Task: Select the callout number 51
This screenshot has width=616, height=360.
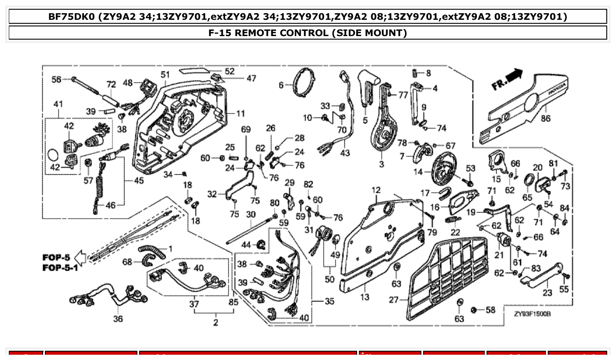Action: (x=165, y=74)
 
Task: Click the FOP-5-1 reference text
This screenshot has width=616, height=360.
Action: (x=60, y=268)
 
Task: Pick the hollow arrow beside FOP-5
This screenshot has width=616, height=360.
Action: (x=80, y=257)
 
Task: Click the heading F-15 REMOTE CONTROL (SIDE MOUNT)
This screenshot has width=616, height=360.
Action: (x=307, y=33)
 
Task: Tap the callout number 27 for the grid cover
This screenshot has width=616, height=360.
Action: (x=394, y=300)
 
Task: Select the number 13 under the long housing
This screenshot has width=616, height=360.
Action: (x=365, y=297)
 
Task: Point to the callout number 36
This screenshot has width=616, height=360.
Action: (x=118, y=319)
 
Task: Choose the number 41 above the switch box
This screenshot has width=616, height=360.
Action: (x=58, y=104)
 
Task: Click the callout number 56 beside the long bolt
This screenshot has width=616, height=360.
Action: (x=56, y=79)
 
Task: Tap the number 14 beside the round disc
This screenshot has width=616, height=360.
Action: (x=418, y=172)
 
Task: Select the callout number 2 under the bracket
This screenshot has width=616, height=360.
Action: (x=215, y=322)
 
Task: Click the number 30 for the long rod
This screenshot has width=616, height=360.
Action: (x=251, y=214)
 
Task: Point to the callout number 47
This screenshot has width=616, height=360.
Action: (x=251, y=78)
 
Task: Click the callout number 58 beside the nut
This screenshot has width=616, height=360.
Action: (x=490, y=310)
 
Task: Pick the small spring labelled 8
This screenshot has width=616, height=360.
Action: (x=415, y=73)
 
